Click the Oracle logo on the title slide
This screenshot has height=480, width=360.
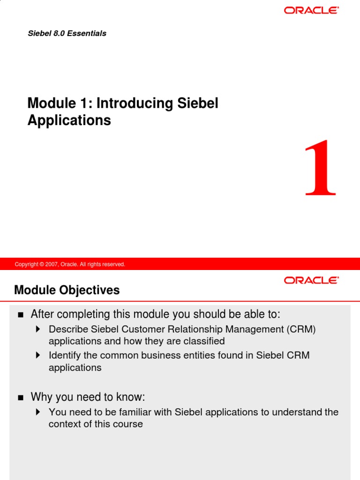click(x=311, y=10)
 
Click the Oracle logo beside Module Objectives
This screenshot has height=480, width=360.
click(x=311, y=280)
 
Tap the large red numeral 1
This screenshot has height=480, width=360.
click(x=320, y=168)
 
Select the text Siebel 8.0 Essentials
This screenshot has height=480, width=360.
click(x=67, y=33)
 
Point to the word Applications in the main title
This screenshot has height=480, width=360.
click(x=69, y=120)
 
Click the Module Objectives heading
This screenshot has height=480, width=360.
click(x=67, y=290)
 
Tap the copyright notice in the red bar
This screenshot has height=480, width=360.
click(x=70, y=264)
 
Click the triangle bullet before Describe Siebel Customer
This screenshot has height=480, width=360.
click(x=38, y=330)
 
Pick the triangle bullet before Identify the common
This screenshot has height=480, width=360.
click(x=38, y=355)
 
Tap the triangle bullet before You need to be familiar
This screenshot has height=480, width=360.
click(x=38, y=412)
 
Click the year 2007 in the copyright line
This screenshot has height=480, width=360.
click(x=51, y=264)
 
